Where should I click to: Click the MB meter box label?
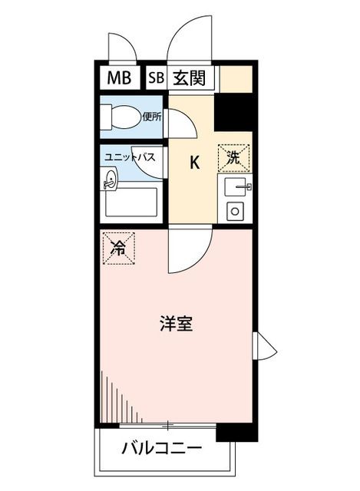coord(119,77)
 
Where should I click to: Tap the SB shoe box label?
coord(156,77)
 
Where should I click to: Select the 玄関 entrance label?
coord(190,78)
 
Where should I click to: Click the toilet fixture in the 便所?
coord(121,117)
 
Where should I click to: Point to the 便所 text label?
coord(152,117)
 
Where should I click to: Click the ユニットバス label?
coord(130,157)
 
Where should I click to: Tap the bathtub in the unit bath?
coord(131,202)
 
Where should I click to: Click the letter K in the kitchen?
coord(194,163)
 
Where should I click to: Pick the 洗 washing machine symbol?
coord(234,158)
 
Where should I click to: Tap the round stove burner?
coord(235,211)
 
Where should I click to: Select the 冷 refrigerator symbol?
coord(119,249)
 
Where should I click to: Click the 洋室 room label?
coord(176,324)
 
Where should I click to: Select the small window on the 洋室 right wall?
coord(265,346)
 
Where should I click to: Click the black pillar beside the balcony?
coord(237,433)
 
